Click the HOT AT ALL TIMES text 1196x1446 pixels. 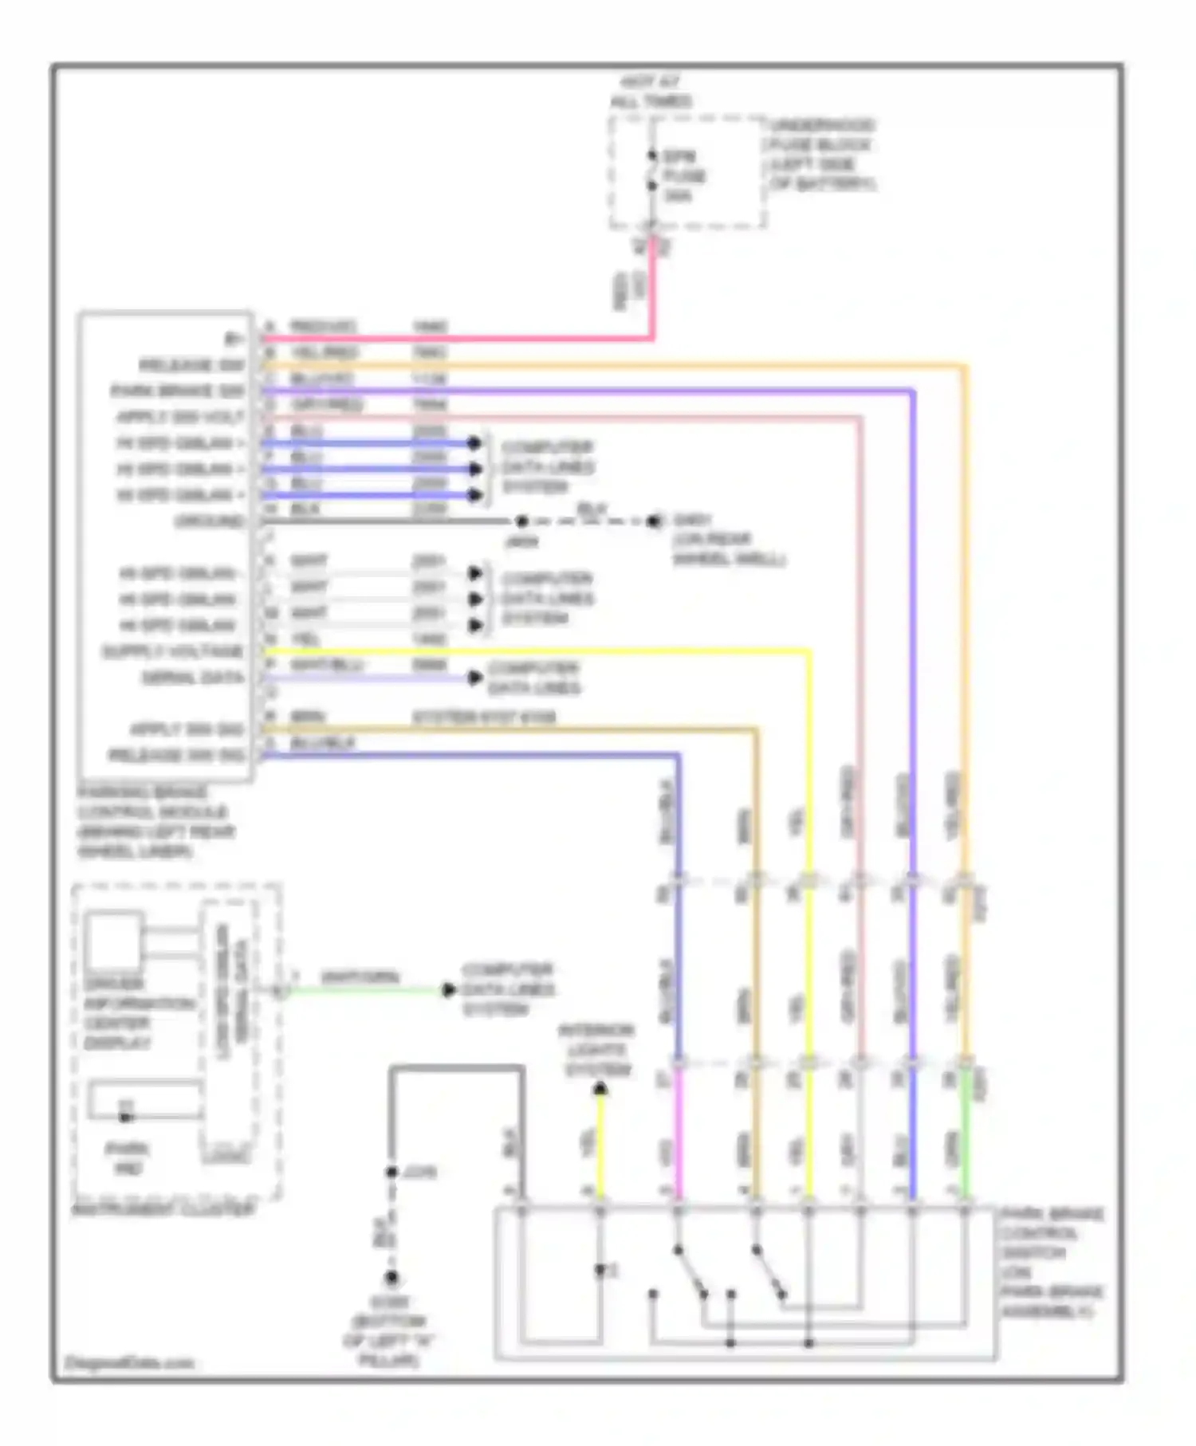651,92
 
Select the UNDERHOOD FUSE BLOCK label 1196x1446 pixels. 821,155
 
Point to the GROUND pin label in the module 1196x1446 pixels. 209,521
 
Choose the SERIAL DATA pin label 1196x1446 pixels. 192,678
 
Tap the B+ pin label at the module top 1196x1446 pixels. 234,340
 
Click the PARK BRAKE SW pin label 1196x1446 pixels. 177,391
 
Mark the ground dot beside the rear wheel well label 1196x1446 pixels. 655,521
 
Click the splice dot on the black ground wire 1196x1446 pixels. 521,521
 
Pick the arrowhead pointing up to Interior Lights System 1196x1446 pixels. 600,1089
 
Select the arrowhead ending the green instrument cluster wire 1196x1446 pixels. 449,990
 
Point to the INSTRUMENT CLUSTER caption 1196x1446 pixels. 163,1209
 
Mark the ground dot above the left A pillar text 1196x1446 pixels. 391,1278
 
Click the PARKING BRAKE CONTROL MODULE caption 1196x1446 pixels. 155,822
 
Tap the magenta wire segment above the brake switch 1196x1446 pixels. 679,1132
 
